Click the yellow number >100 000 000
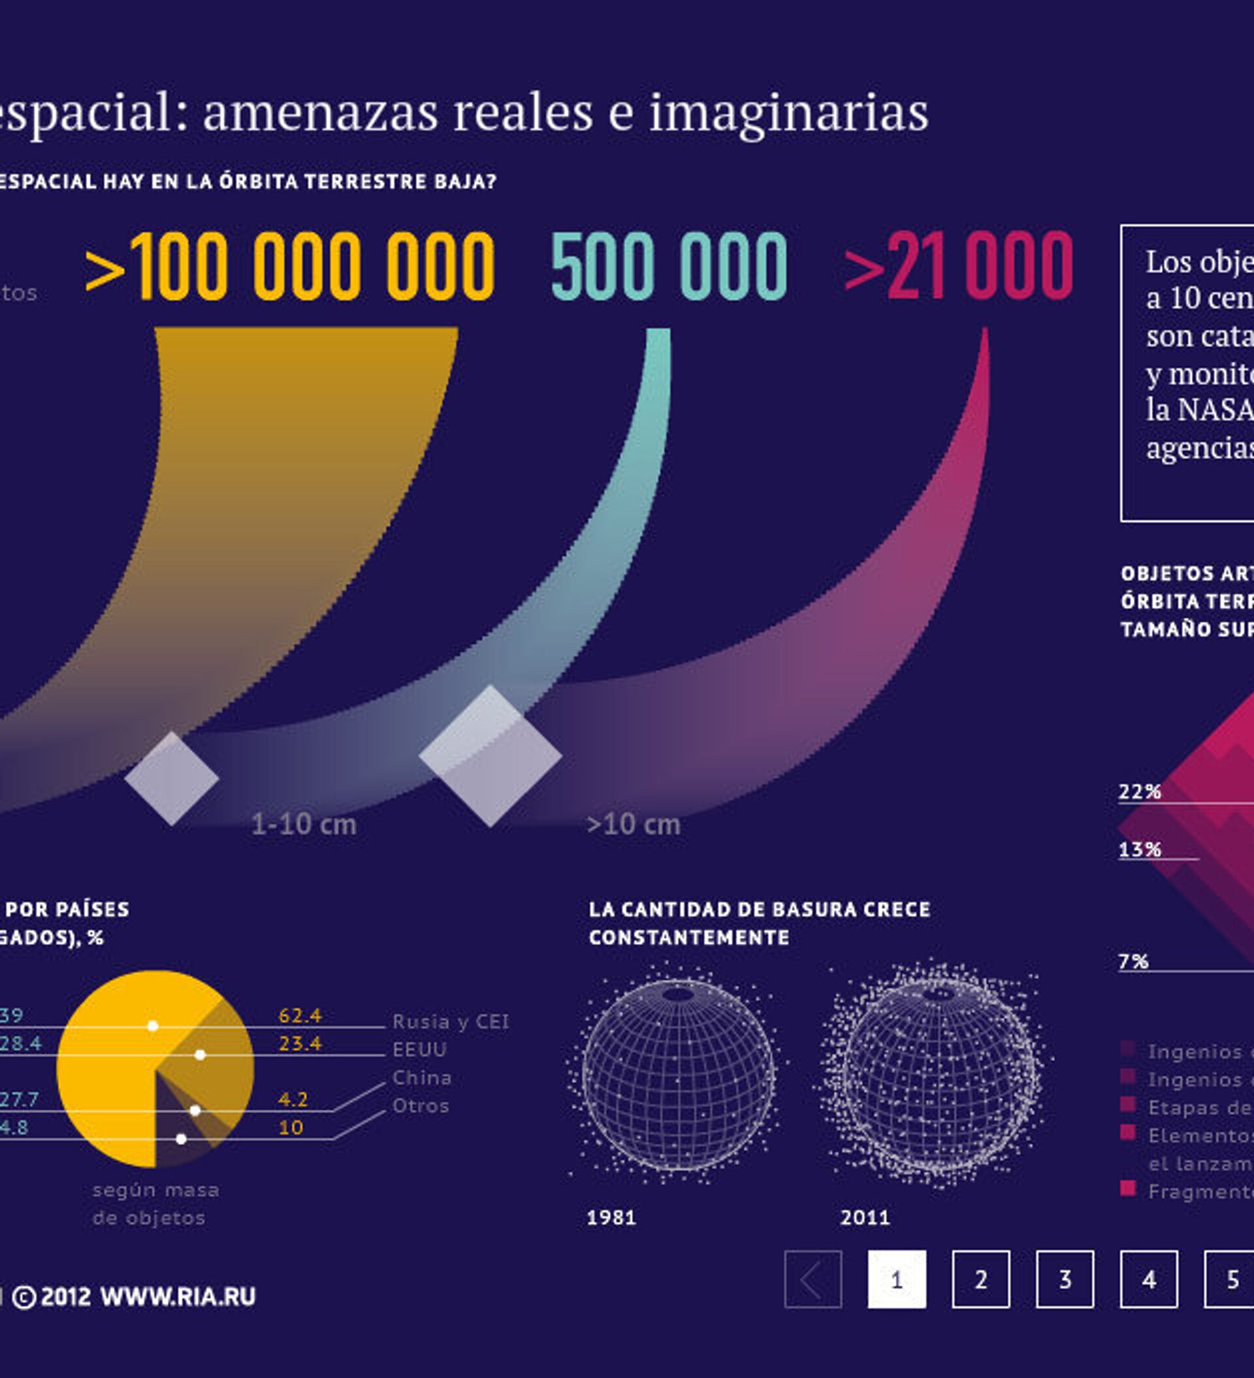(290, 266)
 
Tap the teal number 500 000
(669, 266)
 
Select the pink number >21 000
(959, 266)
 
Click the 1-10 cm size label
(304, 825)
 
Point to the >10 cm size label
(634, 825)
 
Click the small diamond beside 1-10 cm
(172, 779)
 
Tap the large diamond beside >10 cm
(490, 756)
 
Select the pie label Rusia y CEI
(451, 1022)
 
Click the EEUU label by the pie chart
(419, 1050)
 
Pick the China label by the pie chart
(422, 1078)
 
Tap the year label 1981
(611, 1218)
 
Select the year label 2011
(865, 1218)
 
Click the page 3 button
(1065, 1279)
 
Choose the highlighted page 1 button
(897, 1279)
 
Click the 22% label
(1140, 792)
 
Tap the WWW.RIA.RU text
(178, 1298)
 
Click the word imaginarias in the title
(788, 113)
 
